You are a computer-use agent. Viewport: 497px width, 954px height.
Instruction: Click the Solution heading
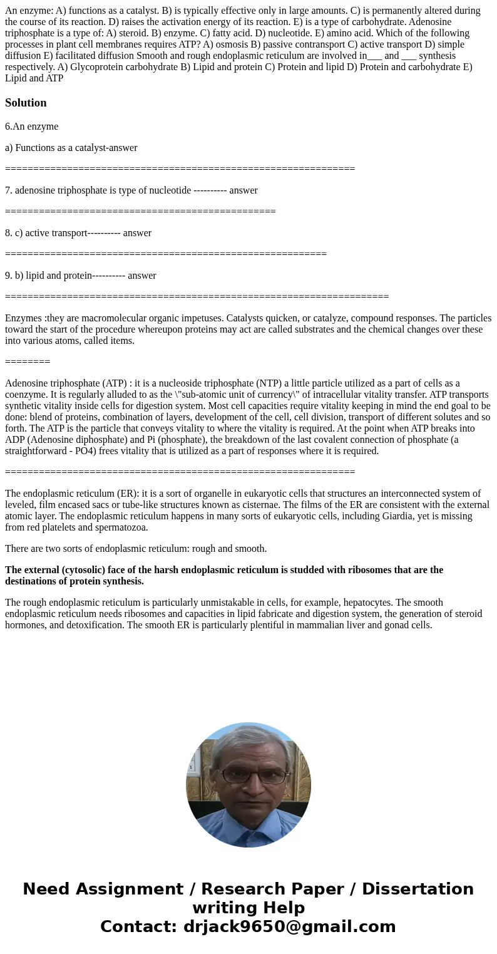click(x=26, y=103)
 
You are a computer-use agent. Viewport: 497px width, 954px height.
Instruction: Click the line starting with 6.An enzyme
click(x=31, y=127)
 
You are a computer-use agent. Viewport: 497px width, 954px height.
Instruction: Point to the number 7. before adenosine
click(x=9, y=190)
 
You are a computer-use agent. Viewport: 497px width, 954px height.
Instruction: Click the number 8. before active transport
click(x=9, y=233)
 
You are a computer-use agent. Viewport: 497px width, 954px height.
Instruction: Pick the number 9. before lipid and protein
click(x=9, y=276)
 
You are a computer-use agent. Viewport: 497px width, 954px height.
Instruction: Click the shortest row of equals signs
click(x=28, y=362)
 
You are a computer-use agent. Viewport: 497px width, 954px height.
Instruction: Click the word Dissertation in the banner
click(x=418, y=889)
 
